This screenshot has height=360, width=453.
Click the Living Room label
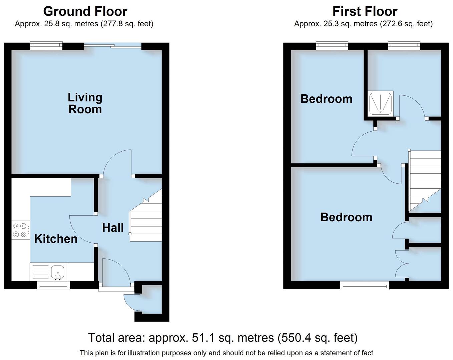point(85,103)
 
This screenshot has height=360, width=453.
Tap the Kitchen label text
point(56,239)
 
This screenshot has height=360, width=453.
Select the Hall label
point(113,228)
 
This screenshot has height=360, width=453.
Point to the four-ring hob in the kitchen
point(20,230)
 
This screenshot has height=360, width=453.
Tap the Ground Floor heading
point(85,11)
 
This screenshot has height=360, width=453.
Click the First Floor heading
point(365,11)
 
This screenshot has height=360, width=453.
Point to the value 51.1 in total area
point(202,338)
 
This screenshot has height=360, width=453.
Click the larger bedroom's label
point(346,217)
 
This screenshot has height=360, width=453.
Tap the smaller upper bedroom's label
point(326,99)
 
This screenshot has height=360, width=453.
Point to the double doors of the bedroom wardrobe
point(402,263)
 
